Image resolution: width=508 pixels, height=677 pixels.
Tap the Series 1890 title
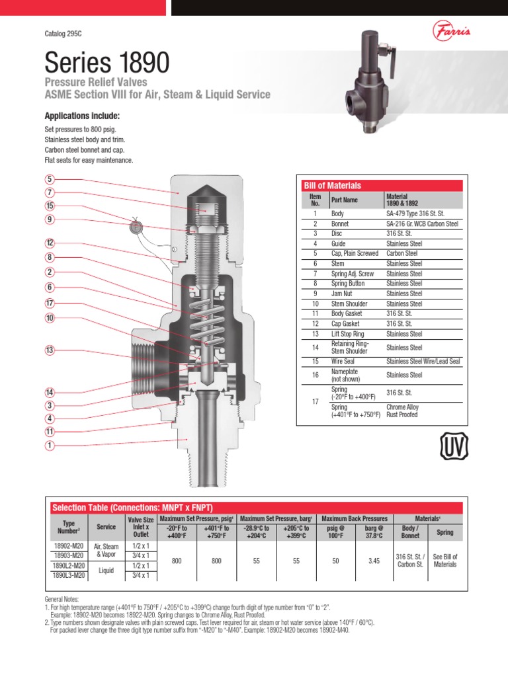click(106, 63)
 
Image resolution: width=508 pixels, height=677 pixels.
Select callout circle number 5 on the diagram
click(49, 179)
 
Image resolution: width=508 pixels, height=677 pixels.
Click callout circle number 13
click(49, 350)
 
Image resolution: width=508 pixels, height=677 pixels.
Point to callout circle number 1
click(49, 446)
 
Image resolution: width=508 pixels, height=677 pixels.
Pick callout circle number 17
click(49, 303)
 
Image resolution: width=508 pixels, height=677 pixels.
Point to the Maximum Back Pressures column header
click(354, 518)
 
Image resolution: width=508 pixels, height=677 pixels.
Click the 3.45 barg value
click(374, 561)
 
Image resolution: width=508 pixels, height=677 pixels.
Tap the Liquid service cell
click(106, 571)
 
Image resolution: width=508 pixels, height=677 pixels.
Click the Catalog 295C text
click(63, 33)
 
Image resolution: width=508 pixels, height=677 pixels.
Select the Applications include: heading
click(81, 116)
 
